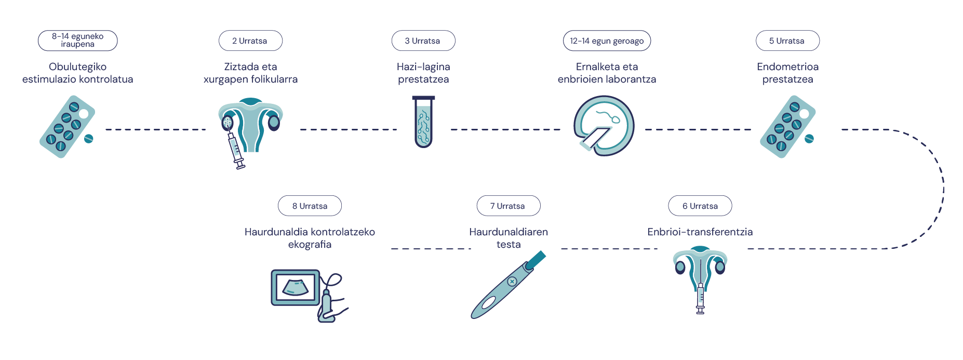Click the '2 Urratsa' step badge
pyautogui.click(x=250, y=41)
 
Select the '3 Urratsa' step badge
pyautogui.click(x=423, y=41)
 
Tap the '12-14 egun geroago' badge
pyautogui.click(x=607, y=41)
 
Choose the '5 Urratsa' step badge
pyautogui.click(x=787, y=41)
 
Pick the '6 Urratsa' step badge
pyautogui.click(x=700, y=206)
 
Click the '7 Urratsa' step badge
pyautogui.click(x=509, y=206)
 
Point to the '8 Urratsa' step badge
pyautogui.click(x=310, y=206)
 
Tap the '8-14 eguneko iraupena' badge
pyautogui.click(x=78, y=41)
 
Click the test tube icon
pyautogui.click(x=423, y=122)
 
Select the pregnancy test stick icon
pyautogui.click(x=508, y=285)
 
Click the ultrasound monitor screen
pyautogui.click(x=295, y=287)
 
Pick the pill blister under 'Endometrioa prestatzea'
pyautogui.click(x=787, y=127)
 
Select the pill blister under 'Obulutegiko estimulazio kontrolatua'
pyautogui.click(x=67, y=127)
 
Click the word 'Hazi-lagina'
pyautogui.click(x=423, y=66)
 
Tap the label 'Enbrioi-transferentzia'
pyautogui.click(x=700, y=232)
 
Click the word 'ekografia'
pyautogui.click(x=310, y=244)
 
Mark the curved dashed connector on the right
pyautogui.click(x=943, y=189)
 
